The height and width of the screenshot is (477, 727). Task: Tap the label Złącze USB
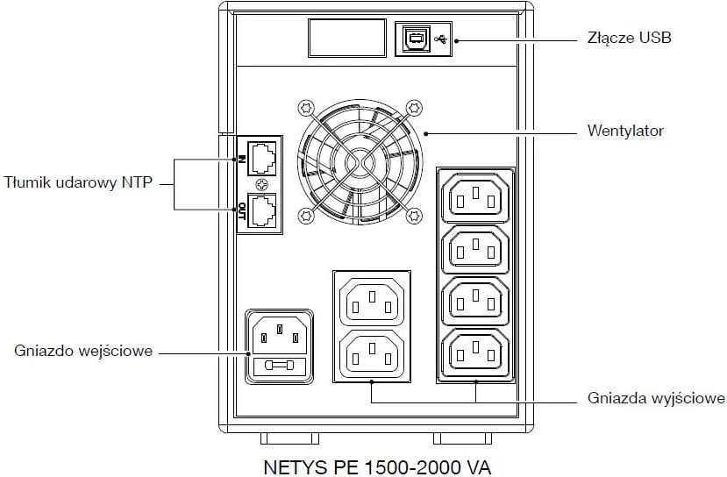pos(629,38)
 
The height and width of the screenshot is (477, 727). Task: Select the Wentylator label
pos(624,132)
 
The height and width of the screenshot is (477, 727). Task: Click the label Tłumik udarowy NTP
pos(78,182)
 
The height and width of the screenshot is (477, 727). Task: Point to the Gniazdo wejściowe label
pos(84,351)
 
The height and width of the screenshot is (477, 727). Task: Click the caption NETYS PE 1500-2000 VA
pos(384,461)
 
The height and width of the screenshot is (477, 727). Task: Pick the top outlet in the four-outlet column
pos(477,197)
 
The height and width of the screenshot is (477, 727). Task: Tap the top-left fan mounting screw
pos(305,109)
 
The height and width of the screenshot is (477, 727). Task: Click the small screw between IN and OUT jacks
pos(260,185)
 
